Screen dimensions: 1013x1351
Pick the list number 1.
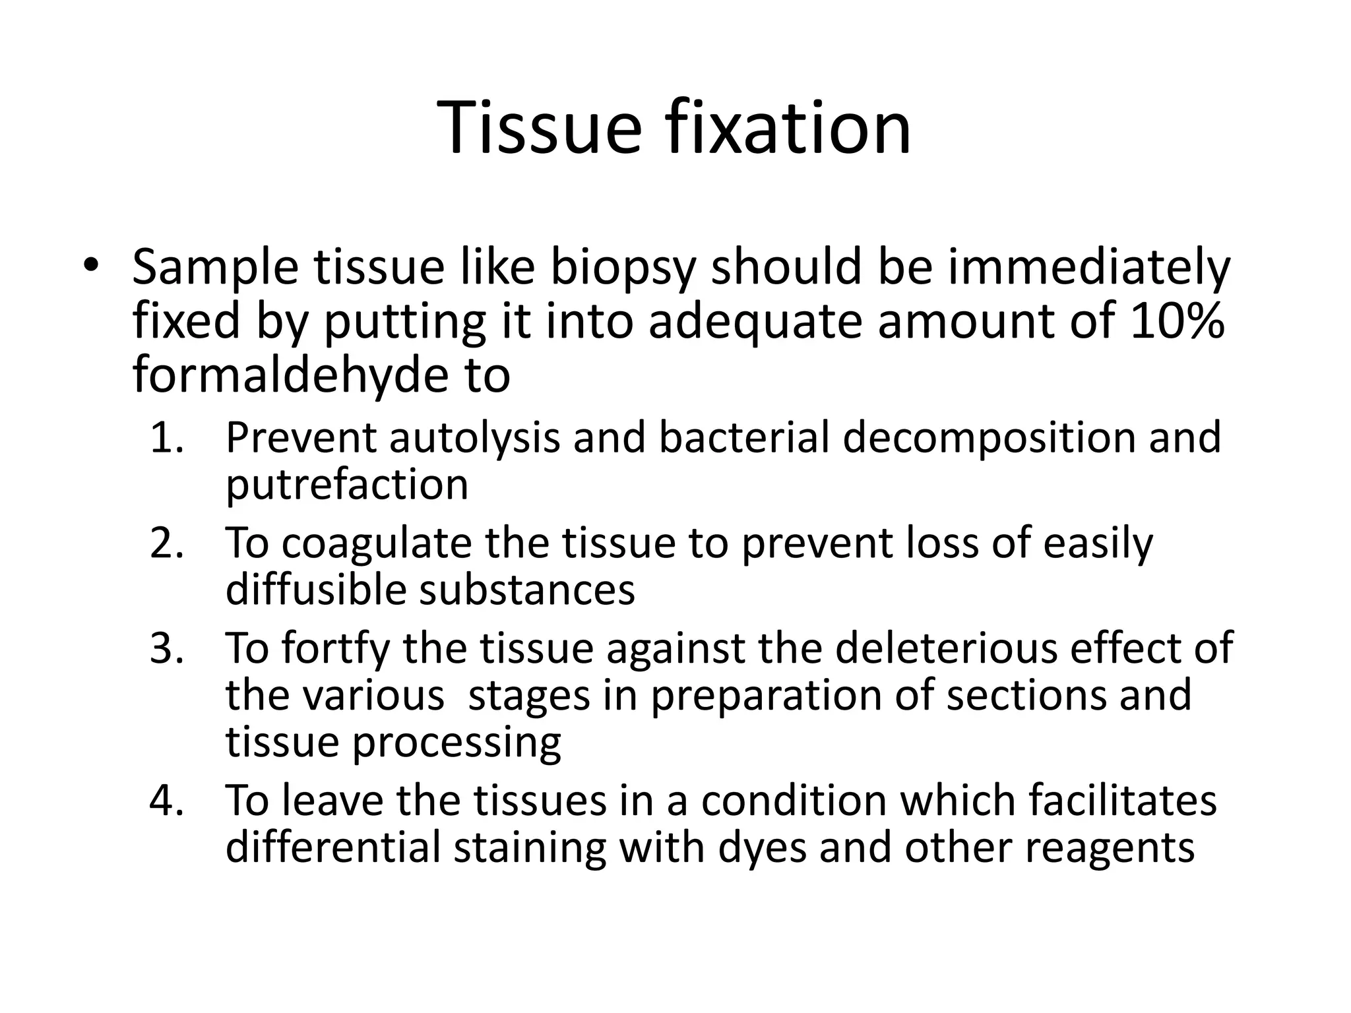tap(166, 438)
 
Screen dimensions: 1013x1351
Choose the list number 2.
tap(166, 543)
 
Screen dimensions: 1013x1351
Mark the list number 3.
tap(166, 648)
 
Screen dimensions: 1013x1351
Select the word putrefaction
tap(347, 485)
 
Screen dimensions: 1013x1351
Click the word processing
tap(456, 743)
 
